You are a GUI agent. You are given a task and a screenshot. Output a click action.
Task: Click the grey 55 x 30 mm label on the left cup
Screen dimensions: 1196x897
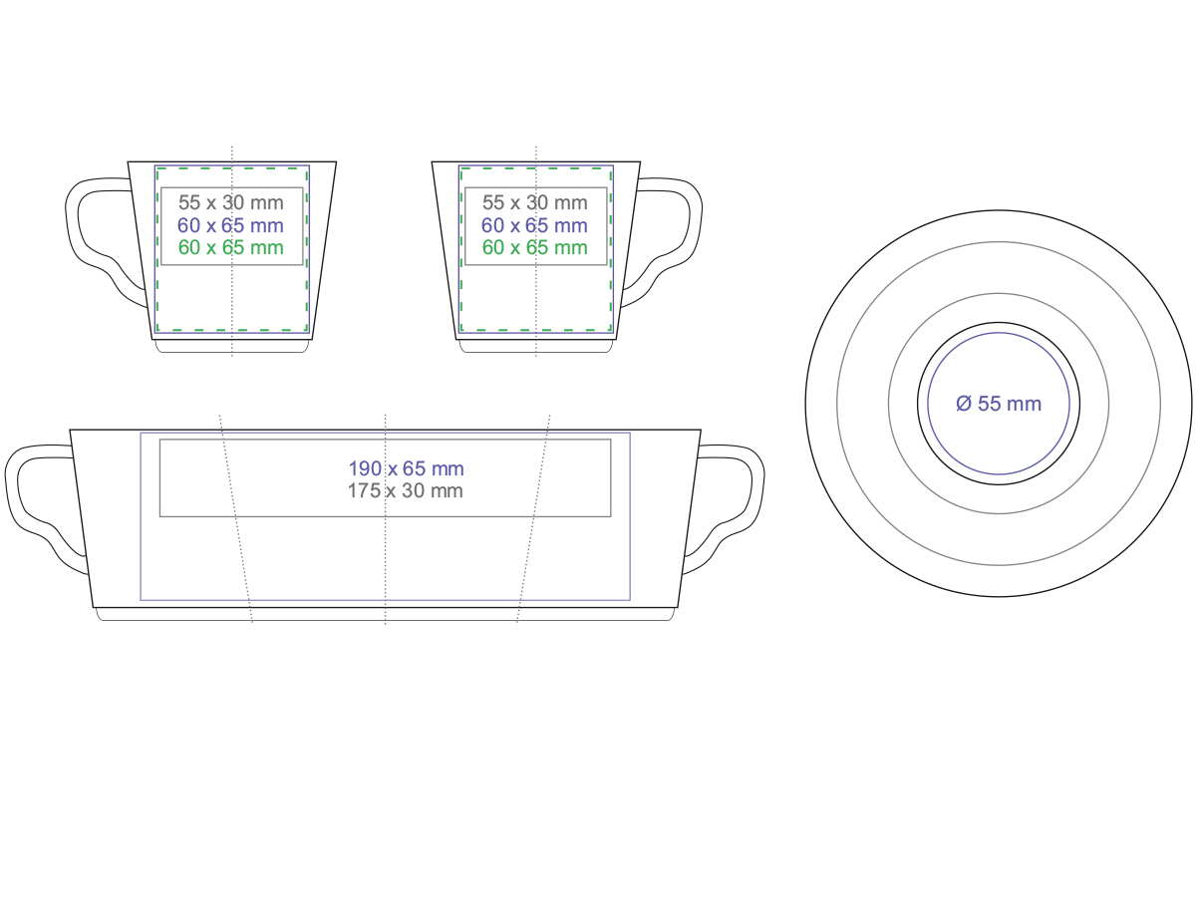(x=230, y=202)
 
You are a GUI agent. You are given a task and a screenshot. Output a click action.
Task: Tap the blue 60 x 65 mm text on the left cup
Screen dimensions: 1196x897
(x=230, y=225)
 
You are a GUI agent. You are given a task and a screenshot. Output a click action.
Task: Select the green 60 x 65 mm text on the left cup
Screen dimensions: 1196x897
(x=230, y=248)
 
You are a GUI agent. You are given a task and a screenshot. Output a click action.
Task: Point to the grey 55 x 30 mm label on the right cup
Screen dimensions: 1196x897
(x=534, y=202)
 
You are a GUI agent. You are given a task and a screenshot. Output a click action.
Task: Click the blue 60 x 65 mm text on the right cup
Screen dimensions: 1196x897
(x=534, y=225)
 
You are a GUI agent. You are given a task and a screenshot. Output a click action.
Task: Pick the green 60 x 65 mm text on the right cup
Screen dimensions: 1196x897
(x=534, y=248)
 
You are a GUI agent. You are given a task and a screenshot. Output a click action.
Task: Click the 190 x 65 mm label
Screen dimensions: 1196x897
(x=406, y=468)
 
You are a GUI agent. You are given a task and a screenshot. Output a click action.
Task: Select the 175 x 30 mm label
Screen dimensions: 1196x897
(x=406, y=490)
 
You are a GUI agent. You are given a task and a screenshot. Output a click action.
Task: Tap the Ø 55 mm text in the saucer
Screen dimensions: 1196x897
(x=999, y=404)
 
